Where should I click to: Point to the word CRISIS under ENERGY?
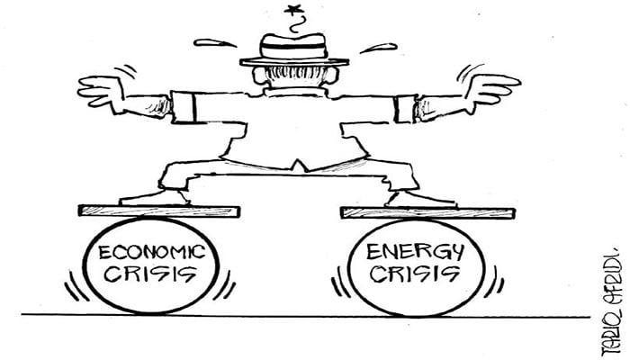pyautogui.click(x=415, y=273)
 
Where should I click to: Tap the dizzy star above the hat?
pyautogui.click(x=293, y=12)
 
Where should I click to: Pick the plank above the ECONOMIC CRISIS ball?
pyautogui.click(x=159, y=211)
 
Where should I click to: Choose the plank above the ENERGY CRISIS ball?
pyautogui.click(x=427, y=212)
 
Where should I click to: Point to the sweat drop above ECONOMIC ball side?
pyautogui.click(x=213, y=42)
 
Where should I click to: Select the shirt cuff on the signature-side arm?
pyautogui.click(x=404, y=108)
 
